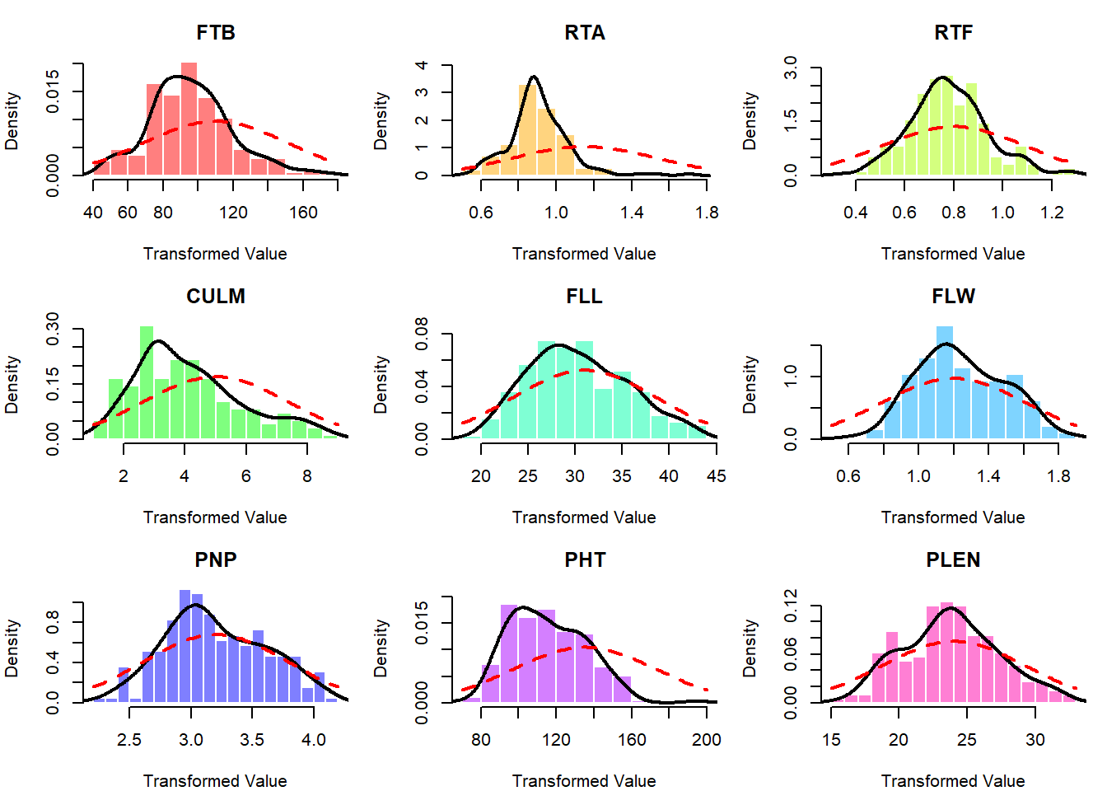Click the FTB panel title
tap(216, 33)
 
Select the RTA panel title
tap(585, 33)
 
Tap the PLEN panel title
tap(953, 560)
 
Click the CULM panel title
tap(216, 297)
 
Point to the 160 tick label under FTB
tap(303, 213)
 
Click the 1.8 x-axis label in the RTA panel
tap(707, 213)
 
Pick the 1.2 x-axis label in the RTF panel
tap(1052, 213)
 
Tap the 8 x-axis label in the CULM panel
tap(307, 476)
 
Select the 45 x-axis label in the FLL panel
tap(716, 476)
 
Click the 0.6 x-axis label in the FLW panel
tap(848, 476)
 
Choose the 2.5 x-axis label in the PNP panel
tap(129, 740)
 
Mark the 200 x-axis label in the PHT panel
tap(707, 740)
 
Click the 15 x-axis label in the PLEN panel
tap(831, 740)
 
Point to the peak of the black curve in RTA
tap(534, 77)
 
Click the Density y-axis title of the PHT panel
tap(381, 648)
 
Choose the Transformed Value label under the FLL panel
tap(584, 517)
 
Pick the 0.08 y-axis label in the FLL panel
tap(422, 334)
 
